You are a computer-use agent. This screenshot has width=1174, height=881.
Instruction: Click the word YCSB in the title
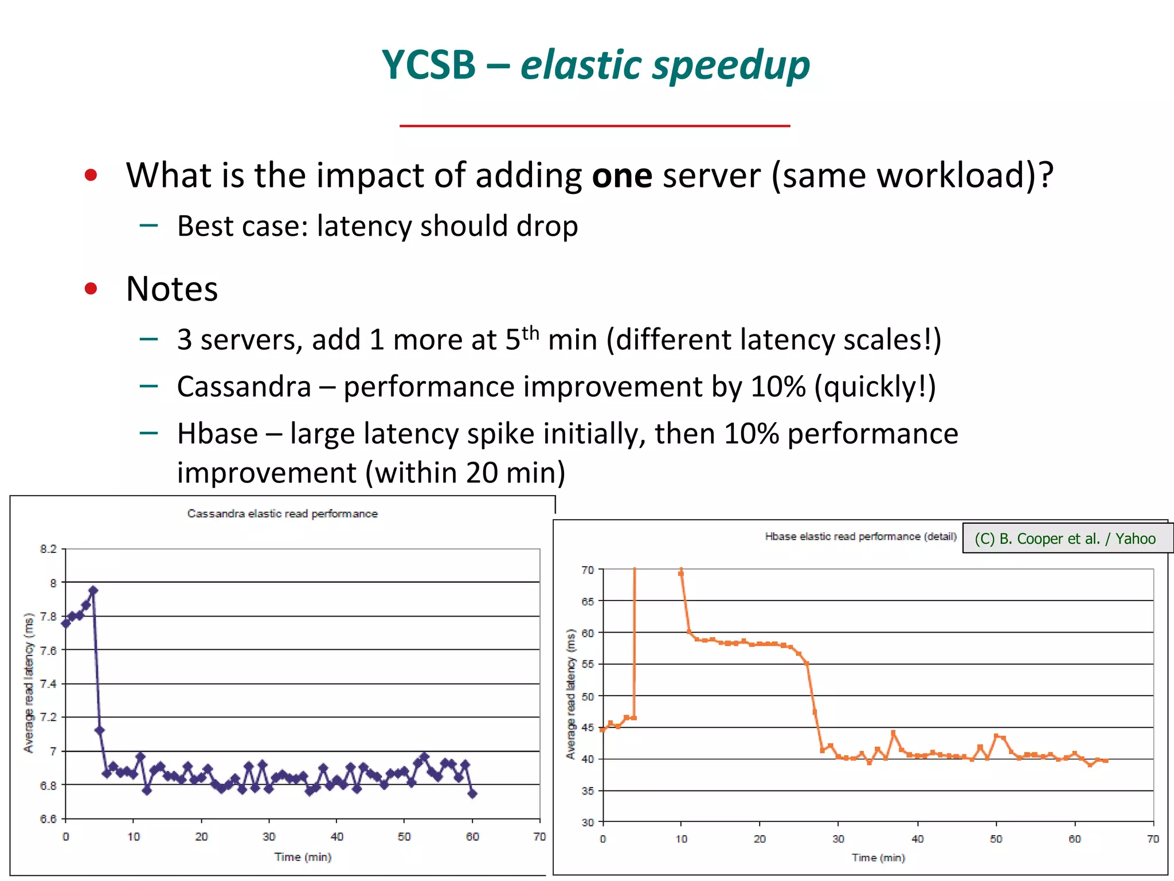click(x=428, y=65)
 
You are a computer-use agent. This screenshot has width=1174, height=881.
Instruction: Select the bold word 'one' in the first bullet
click(x=621, y=175)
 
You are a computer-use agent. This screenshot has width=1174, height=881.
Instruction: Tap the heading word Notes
click(x=171, y=289)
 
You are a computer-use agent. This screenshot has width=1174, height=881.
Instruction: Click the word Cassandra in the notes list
click(x=244, y=387)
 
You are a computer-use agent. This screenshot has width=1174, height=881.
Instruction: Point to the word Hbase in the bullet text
click(x=217, y=434)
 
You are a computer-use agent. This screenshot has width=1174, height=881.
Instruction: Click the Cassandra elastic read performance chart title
click(x=282, y=514)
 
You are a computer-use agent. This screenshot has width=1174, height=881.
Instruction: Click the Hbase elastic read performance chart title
click(x=860, y=536)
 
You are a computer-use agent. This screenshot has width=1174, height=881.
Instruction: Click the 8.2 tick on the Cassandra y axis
click(x=48, y=549)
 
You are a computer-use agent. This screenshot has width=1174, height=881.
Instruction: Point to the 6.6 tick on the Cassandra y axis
click(x=48, y=818)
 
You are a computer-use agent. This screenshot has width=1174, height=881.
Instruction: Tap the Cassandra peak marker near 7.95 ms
click(x=93, y=590)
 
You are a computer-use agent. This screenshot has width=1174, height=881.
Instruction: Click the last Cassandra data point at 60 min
click(x=472, y=793)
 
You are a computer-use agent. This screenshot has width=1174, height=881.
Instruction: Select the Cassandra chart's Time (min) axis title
click(x=303, y=857)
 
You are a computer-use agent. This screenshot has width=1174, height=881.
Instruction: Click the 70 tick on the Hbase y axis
click(x=588, y=570)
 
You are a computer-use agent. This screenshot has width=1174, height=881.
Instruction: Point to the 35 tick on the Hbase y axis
click(x=588, y=791)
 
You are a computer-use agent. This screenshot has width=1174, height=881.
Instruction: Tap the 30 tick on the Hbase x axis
click(x=838, y=839)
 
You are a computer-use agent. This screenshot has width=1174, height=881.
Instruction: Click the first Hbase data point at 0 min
click(x=602, y=730)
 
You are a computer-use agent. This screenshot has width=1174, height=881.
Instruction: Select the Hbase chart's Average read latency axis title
click(x=570, y=694)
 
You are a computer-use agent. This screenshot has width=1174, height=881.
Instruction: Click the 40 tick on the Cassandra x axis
click(x=336, y=837)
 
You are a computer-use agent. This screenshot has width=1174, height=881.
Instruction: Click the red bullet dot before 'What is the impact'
click(x=91, y=175)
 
